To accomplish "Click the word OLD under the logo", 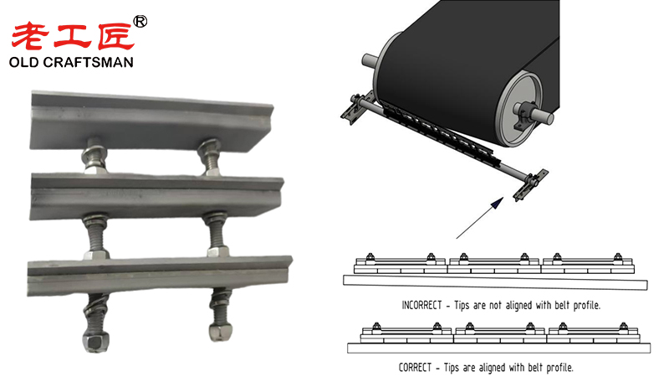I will click(29, 63).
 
